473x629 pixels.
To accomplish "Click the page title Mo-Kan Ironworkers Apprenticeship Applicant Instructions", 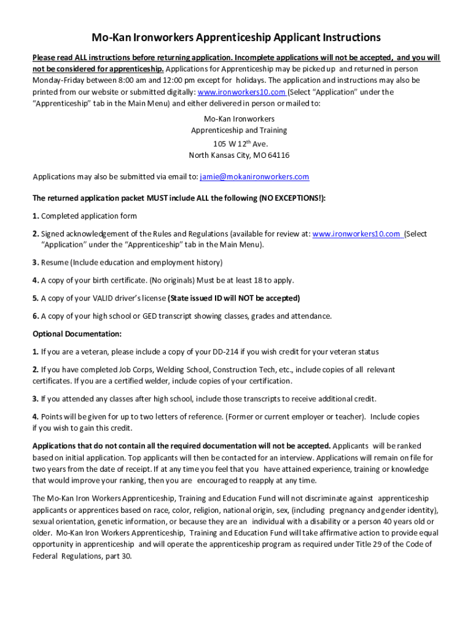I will (x=237, y=37).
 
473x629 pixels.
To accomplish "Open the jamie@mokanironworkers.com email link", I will (x=254, y=177).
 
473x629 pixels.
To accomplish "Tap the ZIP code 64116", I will (x=277, y=155).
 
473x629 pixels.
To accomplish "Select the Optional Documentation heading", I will (x=77, y=334).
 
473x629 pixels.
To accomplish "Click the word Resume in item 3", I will (x=55, y=263).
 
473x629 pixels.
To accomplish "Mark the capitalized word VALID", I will (x=107, y=299).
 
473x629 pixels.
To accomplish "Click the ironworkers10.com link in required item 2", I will (x=357, y=234).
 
